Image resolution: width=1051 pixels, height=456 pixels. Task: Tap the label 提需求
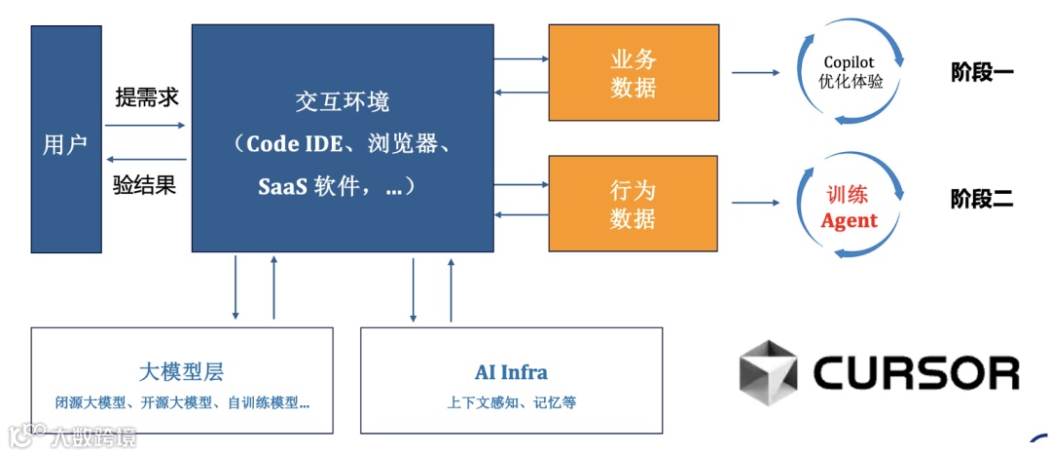[x=146, y=97]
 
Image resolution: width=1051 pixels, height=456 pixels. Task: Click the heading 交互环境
[x=342, y=101]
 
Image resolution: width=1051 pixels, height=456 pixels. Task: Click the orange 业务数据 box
[x=634, y=74]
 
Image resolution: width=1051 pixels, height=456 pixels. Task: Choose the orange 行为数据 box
[x=634, y=204]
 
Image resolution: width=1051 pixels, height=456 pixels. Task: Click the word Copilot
[x=849, y=61]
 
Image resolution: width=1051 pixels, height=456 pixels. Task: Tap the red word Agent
[x=849, y=221]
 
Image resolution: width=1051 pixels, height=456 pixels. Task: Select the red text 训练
[x=849, y=195]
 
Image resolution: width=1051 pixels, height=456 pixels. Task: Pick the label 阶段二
[x=982, y=200]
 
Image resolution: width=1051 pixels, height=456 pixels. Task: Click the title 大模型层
[x=182, y=371]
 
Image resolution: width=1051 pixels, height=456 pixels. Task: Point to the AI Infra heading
[x=511, y=371]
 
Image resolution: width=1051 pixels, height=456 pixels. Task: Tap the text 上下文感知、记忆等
[x=511, y=401]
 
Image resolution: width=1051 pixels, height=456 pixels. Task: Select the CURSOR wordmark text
[x=916, y=372]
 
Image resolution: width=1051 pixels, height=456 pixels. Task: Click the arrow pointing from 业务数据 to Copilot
[x=756, y=72]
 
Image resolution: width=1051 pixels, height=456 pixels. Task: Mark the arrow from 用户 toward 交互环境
[x=145, y=125]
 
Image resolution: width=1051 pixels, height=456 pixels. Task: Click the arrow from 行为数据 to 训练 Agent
[x=756, y=203]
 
